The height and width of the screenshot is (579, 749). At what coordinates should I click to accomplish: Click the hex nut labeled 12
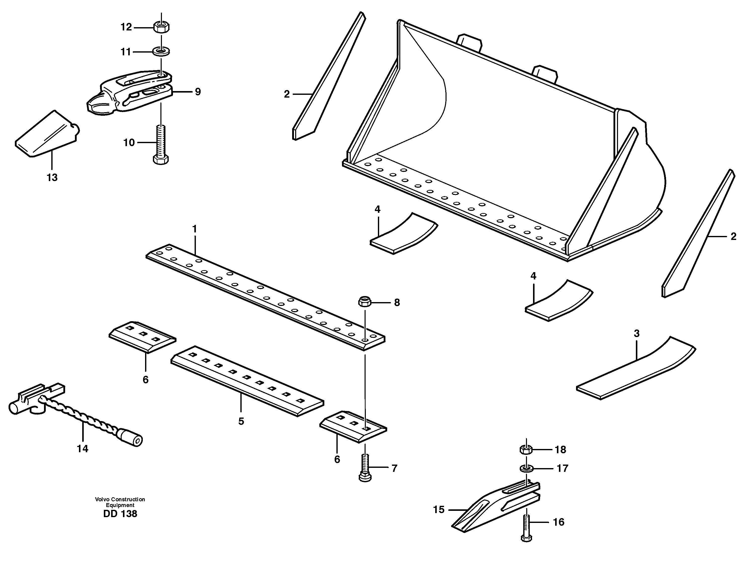coord(160,27)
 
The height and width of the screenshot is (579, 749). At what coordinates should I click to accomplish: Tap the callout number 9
coord(198,92)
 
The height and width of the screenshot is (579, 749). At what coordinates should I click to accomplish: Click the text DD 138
coord(120,514)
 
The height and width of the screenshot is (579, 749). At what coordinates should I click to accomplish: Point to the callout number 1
coord(194,229)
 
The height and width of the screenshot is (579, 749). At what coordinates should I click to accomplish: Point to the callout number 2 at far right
coord(733,236)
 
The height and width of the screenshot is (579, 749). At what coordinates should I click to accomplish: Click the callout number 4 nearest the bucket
coord(378,209)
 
